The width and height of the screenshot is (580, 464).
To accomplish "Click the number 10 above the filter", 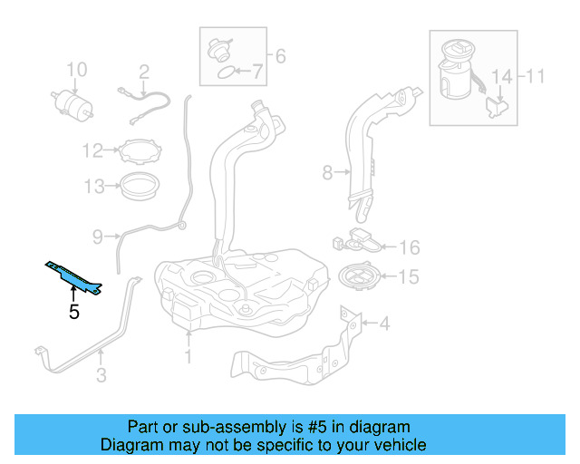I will (x=76, y=70).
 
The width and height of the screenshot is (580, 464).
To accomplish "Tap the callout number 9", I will (x=98, y=237).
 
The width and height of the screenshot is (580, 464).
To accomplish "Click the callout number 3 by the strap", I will (x=101, y=372).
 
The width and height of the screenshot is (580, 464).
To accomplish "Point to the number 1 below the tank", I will (x=188, y=357).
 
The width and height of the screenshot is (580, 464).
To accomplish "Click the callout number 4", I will (x=384, y=323).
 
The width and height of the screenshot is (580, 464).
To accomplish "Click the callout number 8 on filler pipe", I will (x=327, y=170).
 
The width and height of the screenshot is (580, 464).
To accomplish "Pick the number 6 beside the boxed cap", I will (x=280, y=57).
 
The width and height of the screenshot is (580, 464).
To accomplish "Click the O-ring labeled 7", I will (x=220, y=73).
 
